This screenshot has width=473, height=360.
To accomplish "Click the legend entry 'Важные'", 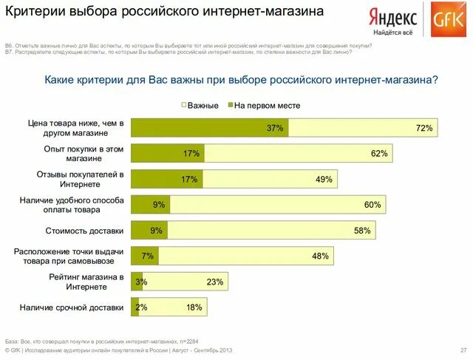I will (203, 106).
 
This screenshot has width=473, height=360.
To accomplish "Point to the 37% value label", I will (275, 128).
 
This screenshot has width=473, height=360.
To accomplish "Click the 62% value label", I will (380, 154).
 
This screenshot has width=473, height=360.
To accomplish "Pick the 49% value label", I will (324, 179).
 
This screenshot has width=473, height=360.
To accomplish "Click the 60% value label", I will (372, 205).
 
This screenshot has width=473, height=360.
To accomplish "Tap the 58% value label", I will (362, 231).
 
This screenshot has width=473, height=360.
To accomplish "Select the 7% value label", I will (147, 256).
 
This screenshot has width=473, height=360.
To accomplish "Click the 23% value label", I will (215, 282).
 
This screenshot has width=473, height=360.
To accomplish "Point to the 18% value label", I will (194, 307).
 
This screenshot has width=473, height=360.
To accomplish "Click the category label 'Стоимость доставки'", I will (84, 231).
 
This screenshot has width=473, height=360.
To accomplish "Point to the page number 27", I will (462, 350).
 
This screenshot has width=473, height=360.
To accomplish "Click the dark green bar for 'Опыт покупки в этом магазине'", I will (167, 154).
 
